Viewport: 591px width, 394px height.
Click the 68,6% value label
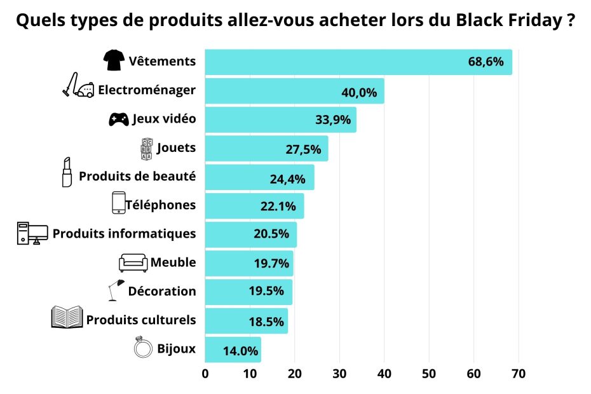point(486,62)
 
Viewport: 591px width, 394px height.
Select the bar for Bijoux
point(233,350)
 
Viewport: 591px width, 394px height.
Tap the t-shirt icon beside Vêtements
point(114,61)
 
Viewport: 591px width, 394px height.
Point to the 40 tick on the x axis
point(384,373)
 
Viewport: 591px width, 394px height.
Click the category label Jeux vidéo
point(164,119)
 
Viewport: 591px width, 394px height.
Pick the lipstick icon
point(67,172)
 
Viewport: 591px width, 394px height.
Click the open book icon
point(67,317)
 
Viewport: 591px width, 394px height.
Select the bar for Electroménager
point(294,91)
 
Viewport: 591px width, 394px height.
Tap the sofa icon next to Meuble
point(133,262)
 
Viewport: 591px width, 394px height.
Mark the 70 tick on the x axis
point(518,373)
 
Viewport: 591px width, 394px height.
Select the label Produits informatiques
point(124,233)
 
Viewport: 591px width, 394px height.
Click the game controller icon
point(119,119)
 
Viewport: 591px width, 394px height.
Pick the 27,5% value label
point(304,149)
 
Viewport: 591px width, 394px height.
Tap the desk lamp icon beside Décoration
point(116,290)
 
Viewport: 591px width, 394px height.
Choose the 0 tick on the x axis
point(205,373)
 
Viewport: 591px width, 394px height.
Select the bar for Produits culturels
point(246,321)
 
